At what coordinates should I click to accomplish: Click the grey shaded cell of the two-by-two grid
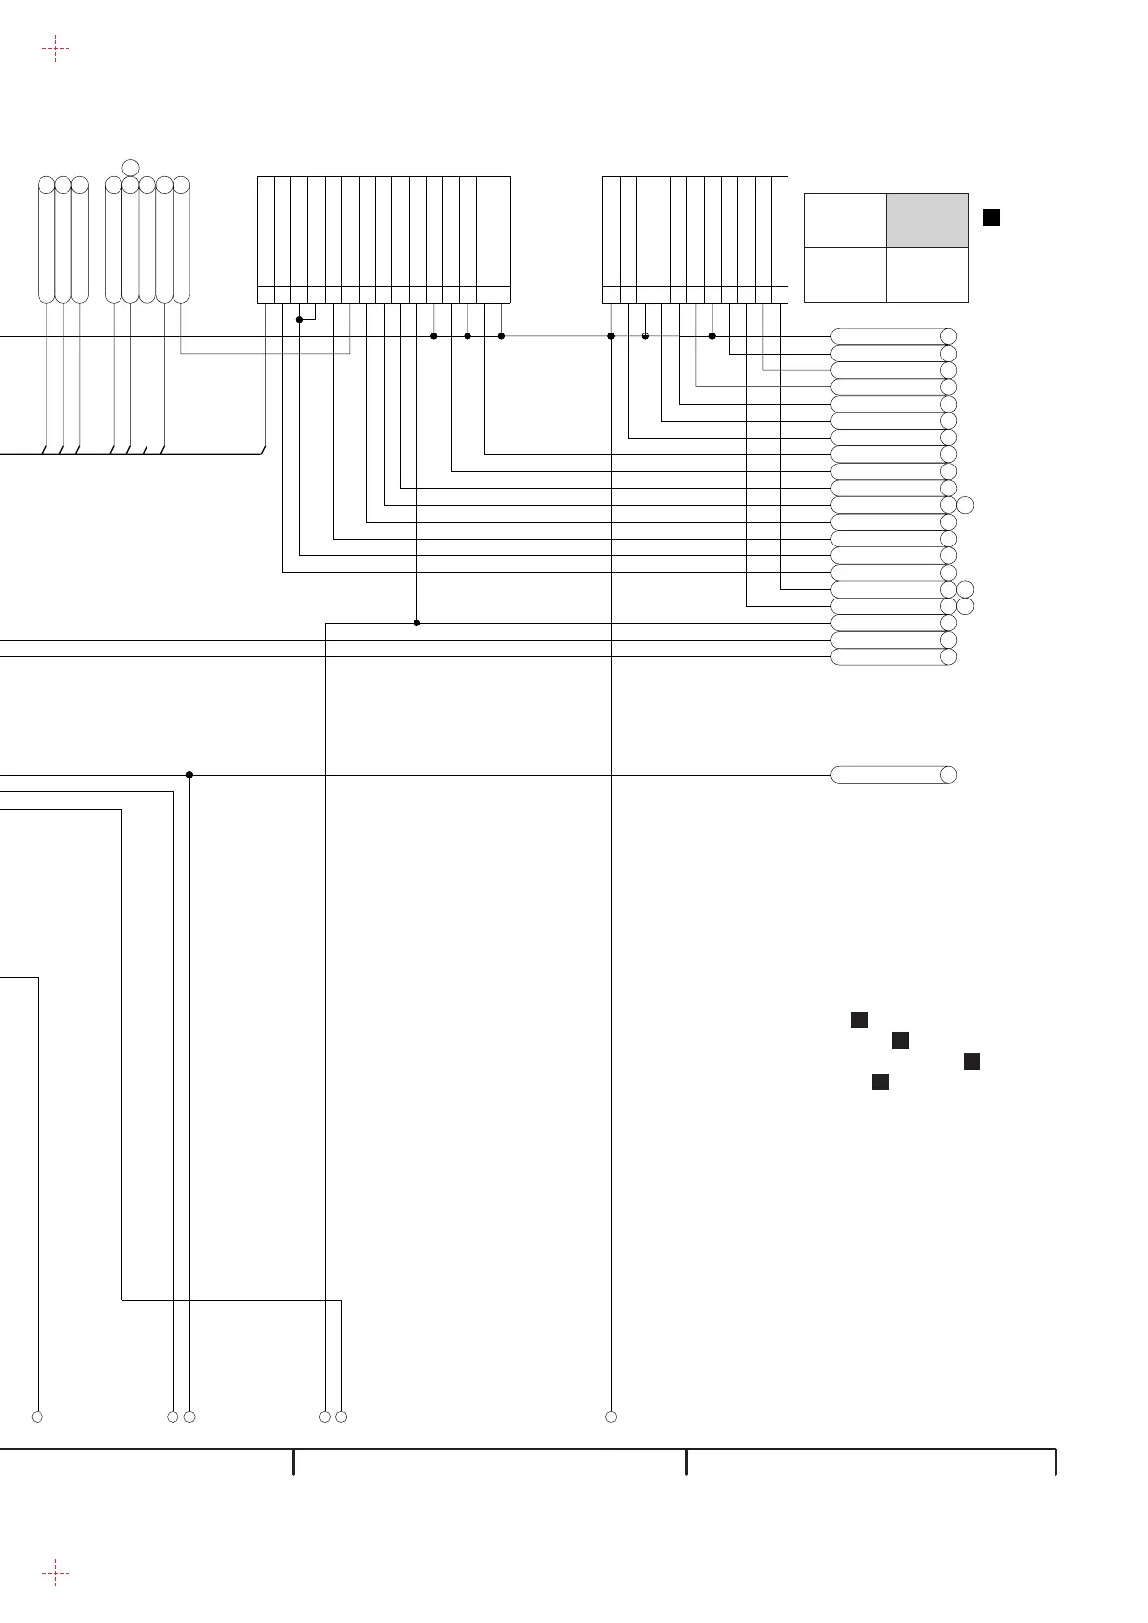tap(927, 220)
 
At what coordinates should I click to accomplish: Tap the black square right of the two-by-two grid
tap(991, 218)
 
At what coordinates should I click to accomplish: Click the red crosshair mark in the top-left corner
tap(56, 48)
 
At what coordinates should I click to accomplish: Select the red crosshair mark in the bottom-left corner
tap(56, 1574)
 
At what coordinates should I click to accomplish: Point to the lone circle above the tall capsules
tap(131, 168)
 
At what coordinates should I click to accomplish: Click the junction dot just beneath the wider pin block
tap(299, 319)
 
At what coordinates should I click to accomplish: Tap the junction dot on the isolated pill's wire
tap(190, 774)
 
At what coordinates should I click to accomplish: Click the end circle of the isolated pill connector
tap(948, 774)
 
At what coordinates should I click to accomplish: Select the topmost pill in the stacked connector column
tap(887, 335)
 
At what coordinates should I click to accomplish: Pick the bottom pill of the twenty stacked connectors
tap(887, 656)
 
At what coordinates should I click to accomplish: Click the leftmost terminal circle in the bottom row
tap(38, 1417)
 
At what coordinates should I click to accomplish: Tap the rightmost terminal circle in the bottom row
tap(611, 1417)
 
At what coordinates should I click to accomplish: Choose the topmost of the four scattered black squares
tap(860, 1020)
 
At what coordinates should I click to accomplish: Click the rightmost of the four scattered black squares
tap(972, 1061)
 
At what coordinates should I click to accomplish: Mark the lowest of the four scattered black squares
tap(880, 1082)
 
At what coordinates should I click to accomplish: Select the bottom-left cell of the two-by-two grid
tap(845, 275)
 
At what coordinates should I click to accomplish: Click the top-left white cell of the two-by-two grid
tap(845, 220)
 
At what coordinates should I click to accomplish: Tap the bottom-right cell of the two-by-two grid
tap(927, 275)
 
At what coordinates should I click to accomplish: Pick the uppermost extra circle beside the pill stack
tap(966, 505)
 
